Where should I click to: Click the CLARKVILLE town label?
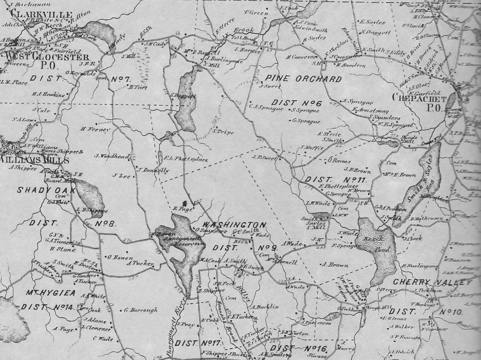(41, 14)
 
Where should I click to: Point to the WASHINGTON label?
(234, 225)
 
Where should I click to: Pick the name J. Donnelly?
(154, 170)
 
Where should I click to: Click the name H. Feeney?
(96, 129)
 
